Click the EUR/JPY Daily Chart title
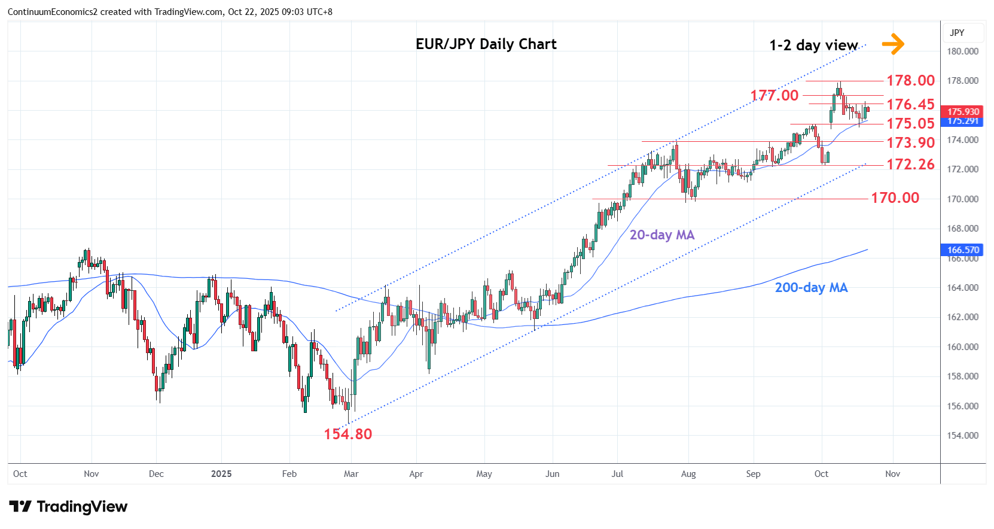pos(486,44)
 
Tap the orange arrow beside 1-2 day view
pos(893,44)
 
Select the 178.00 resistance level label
pos(910,80)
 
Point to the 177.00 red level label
pos(775,95)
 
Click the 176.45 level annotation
pos(910,104)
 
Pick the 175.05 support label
pos(910,123)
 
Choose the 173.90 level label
pos(910,142)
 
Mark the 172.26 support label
pos(910,164)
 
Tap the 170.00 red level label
pos(895,197)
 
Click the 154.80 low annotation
pos(347,434)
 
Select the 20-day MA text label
pos(661,235)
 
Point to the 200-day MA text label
pos(811,287)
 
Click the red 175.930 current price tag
pos(963,111)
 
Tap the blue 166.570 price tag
pos(963,250)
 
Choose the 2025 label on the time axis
pos(221,473)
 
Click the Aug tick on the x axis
pos(688,473)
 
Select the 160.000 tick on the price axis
pos(962,346)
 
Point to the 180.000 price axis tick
pos(962,51)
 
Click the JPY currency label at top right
pos(957,32)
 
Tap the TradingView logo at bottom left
pos(68,507)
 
